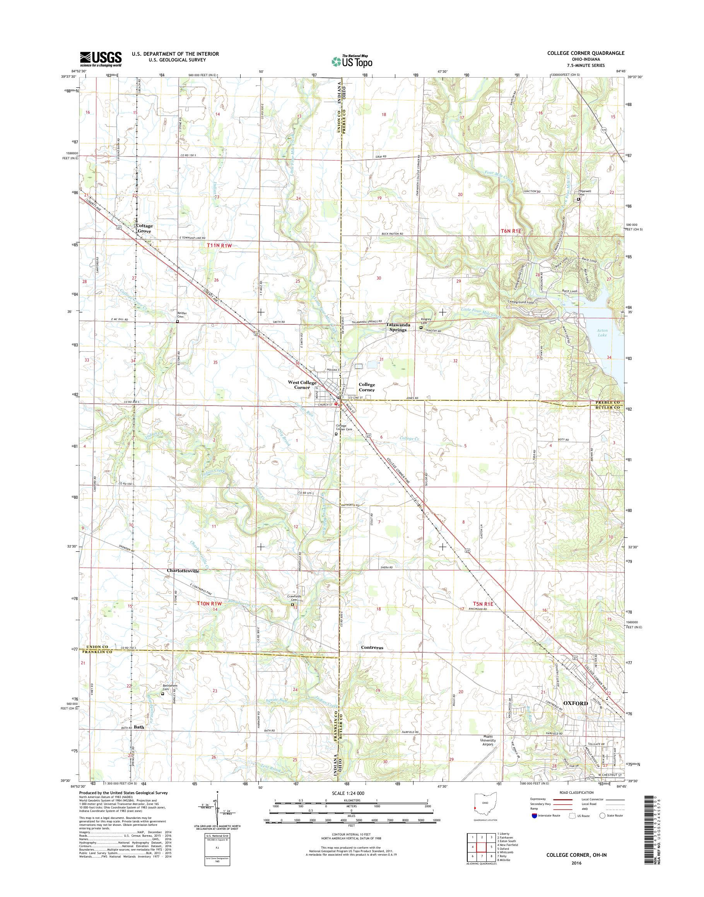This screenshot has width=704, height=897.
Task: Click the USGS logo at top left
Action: pyautogui.click(x=101, y=59)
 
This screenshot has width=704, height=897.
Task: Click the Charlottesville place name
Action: pyautogui.click(x=183, y=571)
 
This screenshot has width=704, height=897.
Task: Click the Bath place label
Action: pyautogui.click(x=139, y=727)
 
